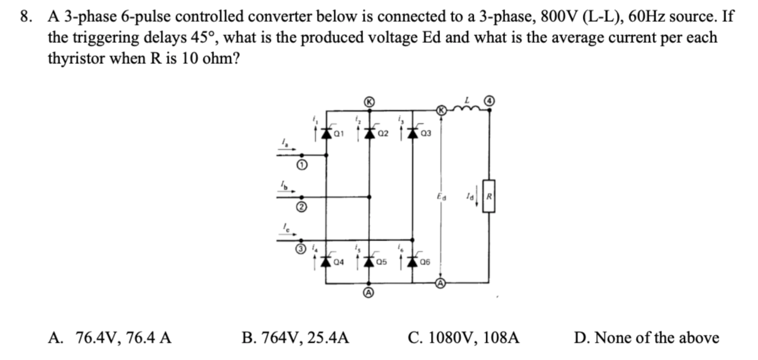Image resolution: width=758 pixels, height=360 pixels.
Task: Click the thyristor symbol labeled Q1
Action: [x=326, y=133]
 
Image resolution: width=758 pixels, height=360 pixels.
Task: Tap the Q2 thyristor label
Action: [x=383, y=134]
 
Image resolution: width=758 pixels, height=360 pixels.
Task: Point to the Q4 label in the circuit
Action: [x=339, y=262]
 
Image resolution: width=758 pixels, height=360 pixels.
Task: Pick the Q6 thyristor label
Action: [x=425, y=262]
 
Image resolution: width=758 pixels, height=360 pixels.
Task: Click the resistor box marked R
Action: [x=489, y=196]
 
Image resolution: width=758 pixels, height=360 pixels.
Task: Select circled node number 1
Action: [x=301, y=165]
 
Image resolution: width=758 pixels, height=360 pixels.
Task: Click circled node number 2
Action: [x=301, y=207]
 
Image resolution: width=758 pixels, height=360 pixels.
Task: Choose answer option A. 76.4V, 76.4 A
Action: [x=110, y=338]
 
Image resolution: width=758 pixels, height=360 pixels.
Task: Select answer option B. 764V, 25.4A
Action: [x=295, y=338]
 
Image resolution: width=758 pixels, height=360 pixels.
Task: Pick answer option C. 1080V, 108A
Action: [x=463, y=338]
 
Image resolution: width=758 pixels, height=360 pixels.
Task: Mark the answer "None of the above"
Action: [x=646, y=338]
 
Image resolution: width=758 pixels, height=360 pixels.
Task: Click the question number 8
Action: [x=26, y=16]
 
